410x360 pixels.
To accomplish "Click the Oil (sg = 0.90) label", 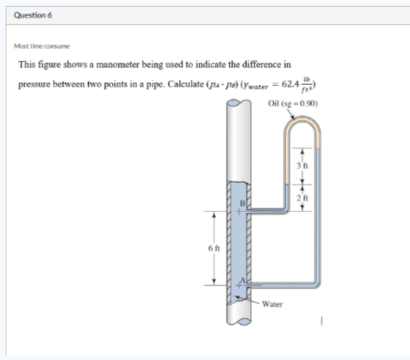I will click(294, 103).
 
